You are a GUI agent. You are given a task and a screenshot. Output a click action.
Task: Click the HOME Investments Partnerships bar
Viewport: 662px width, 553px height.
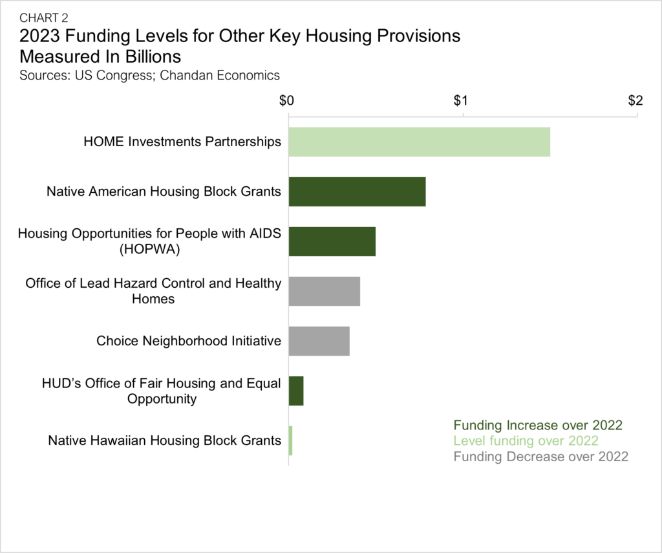tap(419, 142)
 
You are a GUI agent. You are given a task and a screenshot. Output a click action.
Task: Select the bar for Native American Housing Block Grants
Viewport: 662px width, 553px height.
tap(357, 191)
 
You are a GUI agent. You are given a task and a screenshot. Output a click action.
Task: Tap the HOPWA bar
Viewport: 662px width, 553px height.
tap(332, 241)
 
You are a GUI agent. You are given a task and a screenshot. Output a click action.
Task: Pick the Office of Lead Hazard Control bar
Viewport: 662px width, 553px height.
tap(324, 291)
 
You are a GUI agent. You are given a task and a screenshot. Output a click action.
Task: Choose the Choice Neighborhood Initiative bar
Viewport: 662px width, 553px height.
tap(319, 341)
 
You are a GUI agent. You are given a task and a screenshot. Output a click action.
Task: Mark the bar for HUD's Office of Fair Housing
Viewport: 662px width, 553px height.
tap(296, 391)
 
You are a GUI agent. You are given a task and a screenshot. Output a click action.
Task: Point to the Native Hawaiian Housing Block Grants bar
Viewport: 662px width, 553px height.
tap(290, 440)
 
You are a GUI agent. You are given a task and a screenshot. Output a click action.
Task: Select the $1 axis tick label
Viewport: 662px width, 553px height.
tap(461, 101)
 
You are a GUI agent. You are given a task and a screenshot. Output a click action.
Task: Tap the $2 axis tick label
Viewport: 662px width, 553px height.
tap(635, 101)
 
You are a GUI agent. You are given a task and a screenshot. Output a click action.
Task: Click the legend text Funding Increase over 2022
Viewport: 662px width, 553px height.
tap(538, 426)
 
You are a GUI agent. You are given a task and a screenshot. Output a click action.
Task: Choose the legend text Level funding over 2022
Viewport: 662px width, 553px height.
tap(526, 441)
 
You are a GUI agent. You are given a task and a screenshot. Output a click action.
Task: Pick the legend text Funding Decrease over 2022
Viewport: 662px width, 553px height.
tap(540, 457)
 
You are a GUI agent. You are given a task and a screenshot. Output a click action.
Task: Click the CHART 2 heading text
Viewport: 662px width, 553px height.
tap(44, 18)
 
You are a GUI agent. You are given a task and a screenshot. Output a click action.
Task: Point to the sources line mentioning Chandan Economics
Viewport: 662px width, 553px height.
tap(149, 75)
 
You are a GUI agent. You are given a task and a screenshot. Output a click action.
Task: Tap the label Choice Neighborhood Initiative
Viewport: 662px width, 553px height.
tap(189, 341)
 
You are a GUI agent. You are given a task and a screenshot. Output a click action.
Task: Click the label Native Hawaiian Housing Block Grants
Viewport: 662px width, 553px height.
tap(165, 441)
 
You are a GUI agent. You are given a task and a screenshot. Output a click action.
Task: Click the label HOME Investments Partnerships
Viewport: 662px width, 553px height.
tap(183, 142)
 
